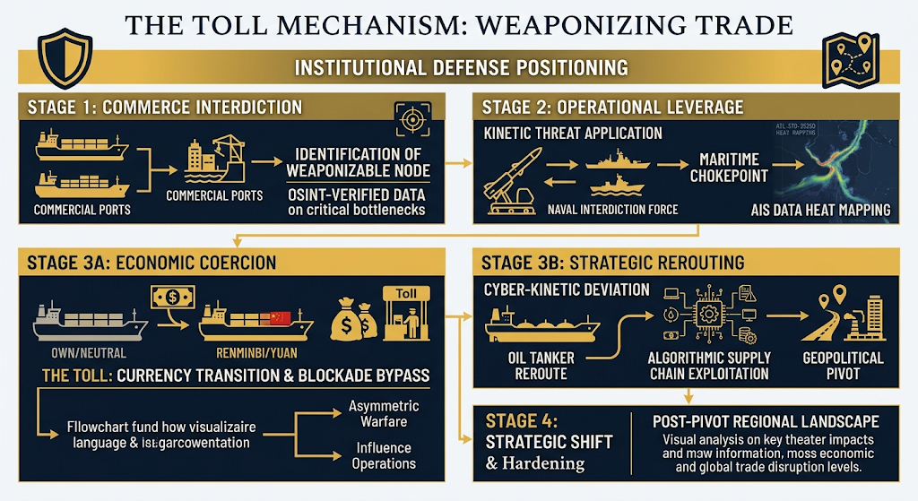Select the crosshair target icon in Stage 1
[411, 119]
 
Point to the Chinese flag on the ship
[281, 317]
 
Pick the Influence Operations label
[384, 455]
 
